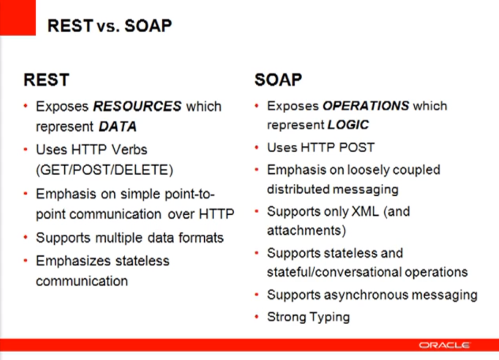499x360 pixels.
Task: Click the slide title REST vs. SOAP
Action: tap(109, 25)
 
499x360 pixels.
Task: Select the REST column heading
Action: tap(46, 80)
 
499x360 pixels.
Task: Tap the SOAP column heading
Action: tap(278, 80)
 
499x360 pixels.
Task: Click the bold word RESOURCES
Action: tap(137, 106)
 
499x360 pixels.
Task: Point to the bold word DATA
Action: tap(117, 126)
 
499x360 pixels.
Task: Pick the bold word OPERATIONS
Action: tap(365, 106)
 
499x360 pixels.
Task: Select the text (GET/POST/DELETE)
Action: tap(104, 170)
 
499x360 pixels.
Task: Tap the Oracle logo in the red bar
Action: tap(444, 345)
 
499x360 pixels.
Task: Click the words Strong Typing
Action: tap(308, 317)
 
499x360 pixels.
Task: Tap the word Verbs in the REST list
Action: tap(129, 150)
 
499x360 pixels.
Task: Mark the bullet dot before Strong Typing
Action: tap(256, 317)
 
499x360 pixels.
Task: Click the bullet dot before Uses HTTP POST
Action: tap(256, 148)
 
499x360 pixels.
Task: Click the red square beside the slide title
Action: tap(17, 17)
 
